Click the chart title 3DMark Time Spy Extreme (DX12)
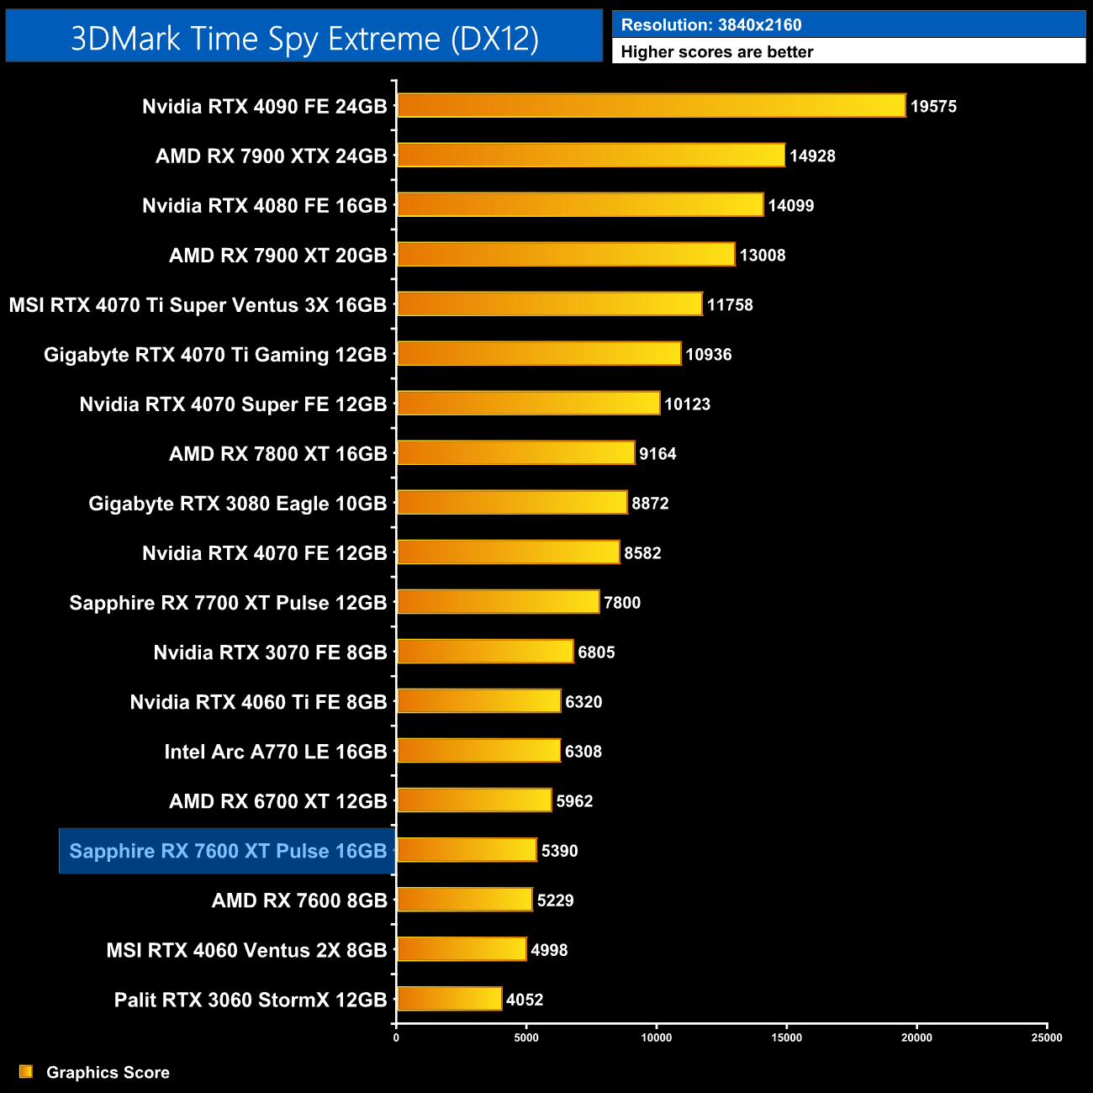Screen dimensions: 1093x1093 pos(304,38)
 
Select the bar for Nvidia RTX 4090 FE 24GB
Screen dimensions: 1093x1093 pos(651,106)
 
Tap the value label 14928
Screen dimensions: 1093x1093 pos(812,156)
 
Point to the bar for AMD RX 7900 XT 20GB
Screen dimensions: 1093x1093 pos(566,255)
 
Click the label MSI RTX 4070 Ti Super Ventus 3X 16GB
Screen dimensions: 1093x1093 pos(198,305)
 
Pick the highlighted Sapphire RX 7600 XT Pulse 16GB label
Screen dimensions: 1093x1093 pos(227,851)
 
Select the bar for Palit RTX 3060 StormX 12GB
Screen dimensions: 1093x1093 pos(449,1000)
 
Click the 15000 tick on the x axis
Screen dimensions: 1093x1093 pos(786,1038)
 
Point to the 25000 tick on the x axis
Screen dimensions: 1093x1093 pos(1047,1038)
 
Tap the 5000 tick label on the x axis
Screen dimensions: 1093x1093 pos(526,1038)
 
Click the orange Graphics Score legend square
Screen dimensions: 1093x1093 pos(26,1071)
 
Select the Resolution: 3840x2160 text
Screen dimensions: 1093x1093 pos(711,25)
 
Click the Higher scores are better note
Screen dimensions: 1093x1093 pos(717,52)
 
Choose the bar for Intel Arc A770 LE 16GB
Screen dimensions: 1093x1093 pos(478,751)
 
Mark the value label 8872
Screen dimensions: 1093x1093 pos(650,504)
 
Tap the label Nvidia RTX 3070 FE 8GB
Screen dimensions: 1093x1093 pos(270,652)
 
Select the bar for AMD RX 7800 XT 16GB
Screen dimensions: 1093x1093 pos(515,453)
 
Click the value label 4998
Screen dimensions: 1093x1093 pos(549,950)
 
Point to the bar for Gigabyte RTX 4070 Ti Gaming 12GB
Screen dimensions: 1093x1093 pos(539,354)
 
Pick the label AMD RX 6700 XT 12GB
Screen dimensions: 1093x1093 pos(277,801)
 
